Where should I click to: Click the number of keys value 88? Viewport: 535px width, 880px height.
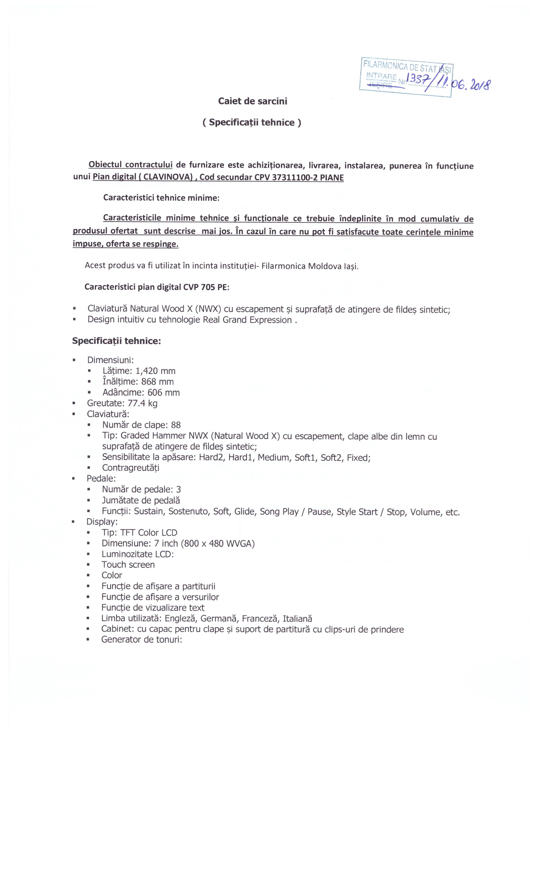(176, 425)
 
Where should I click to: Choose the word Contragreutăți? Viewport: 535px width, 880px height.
(130, 468)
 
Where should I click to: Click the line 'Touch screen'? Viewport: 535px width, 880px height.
(128, 565)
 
